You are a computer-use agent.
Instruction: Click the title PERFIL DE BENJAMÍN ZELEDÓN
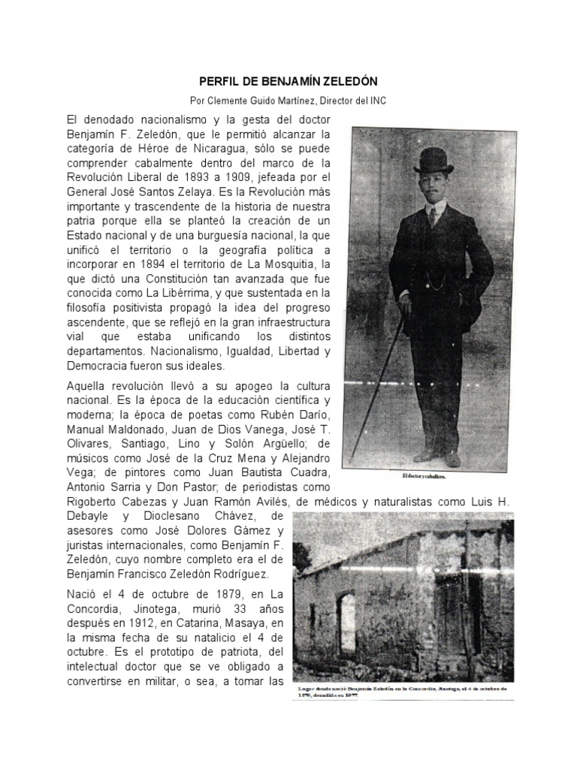[288, 80]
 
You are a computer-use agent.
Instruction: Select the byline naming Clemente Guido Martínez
[288, 101]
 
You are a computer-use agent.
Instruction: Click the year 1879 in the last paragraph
[204, 594]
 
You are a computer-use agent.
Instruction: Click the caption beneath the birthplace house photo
[402, 692]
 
